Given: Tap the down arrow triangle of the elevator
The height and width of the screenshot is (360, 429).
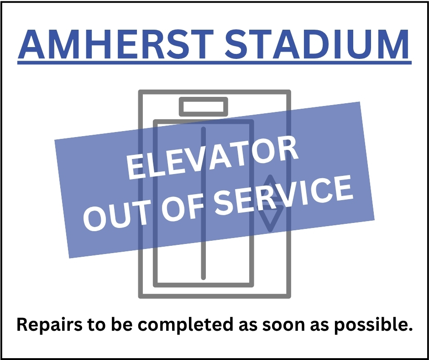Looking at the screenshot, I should (272, 219).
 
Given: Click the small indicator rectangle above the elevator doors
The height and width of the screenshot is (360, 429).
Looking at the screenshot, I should (204, 107).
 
